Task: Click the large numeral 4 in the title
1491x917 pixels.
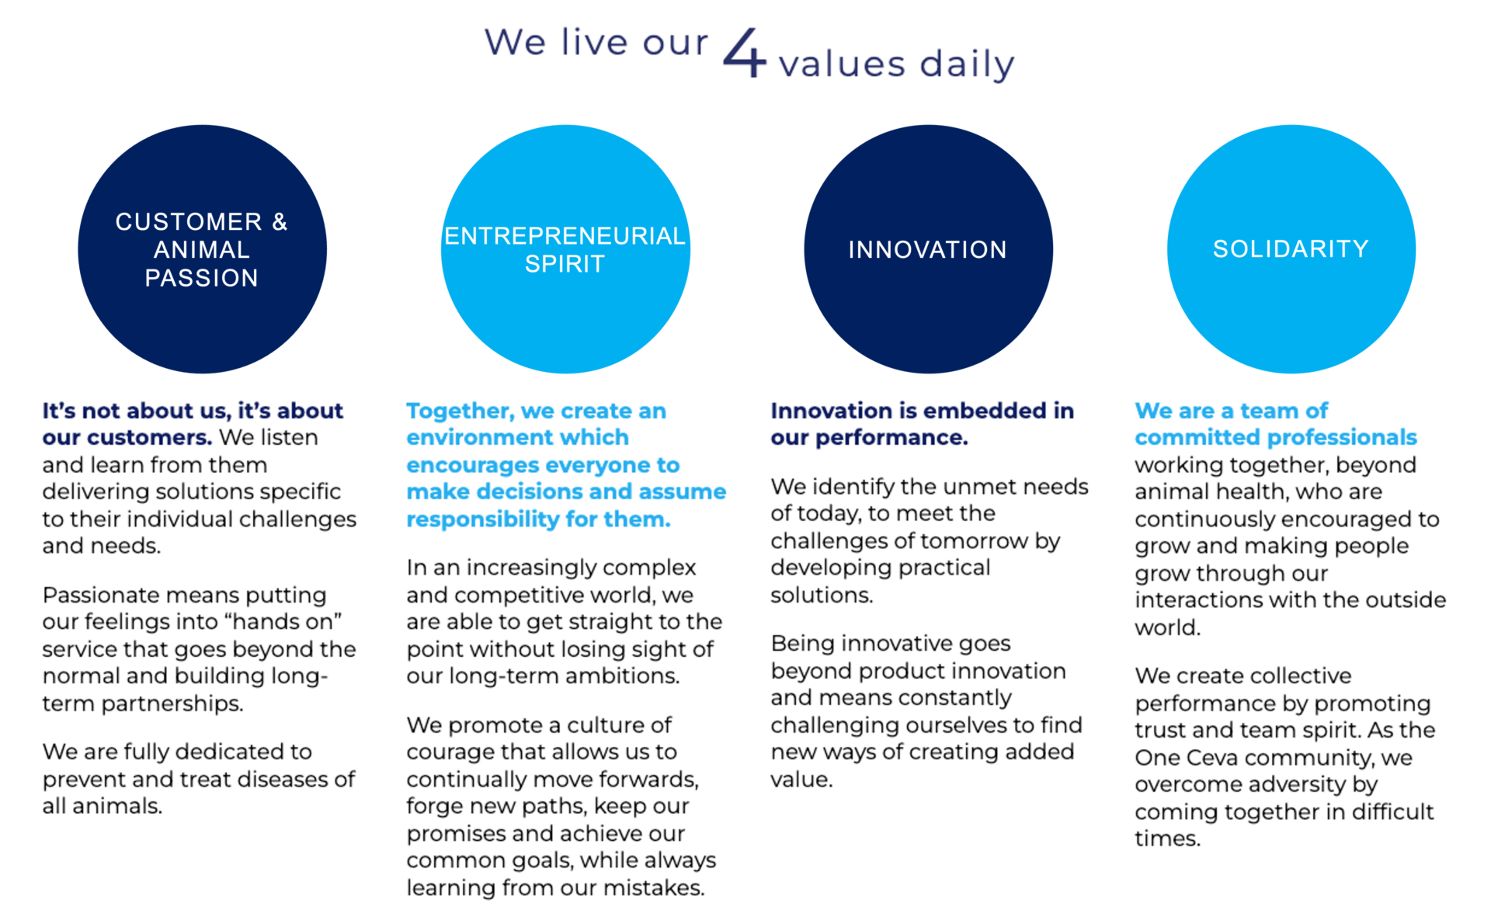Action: (745, 52)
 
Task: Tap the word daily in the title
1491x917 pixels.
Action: (967, 64)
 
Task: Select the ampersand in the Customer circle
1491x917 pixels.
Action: (280, 222)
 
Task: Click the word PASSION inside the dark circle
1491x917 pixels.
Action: (202, 278)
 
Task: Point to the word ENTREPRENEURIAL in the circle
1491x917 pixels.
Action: (565, 235)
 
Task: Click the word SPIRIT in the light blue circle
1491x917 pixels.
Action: (565, 264)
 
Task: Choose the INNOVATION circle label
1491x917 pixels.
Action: (927, 249)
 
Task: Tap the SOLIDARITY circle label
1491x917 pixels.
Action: (1291, 248)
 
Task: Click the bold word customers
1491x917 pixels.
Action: (149, 437)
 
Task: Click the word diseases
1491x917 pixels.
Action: (263, 779)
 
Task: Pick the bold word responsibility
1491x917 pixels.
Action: (483, 519)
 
